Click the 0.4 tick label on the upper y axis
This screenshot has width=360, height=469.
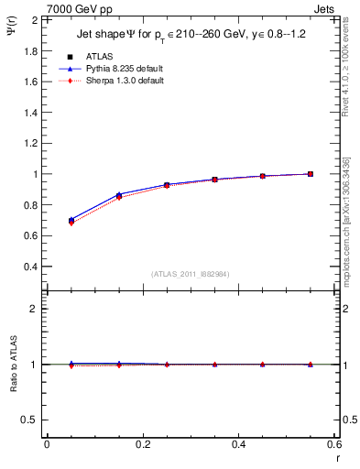(30, 267)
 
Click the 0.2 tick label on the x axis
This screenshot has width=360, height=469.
(142, 444)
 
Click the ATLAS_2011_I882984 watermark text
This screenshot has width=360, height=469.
(191, 274)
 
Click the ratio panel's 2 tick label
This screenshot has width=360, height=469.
(35, 309)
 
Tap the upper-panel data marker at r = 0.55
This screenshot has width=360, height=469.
(311, 173)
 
